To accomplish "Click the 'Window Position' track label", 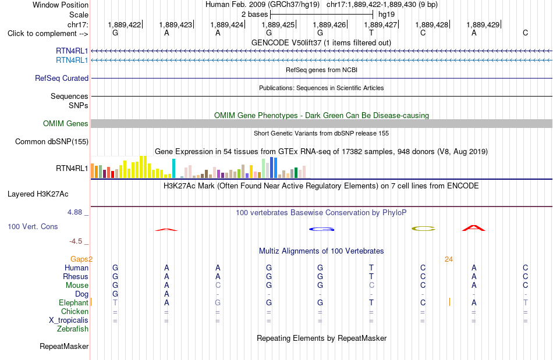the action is click(61, 5).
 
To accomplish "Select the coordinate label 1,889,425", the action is click(278, 24).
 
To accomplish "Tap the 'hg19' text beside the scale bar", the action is click(386, 15).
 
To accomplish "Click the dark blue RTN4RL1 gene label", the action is click(72, 51).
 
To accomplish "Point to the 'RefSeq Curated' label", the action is click(62, 78).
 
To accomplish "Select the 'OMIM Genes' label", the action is click(66, 124).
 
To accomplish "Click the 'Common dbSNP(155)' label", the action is click(52, 141).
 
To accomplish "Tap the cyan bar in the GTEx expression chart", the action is click(173, 169).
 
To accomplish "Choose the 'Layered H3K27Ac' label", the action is click(38, 194).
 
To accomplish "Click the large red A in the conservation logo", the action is click(474, 228).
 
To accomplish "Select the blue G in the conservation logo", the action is click(322, 229).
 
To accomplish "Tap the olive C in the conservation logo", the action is click(423, 229).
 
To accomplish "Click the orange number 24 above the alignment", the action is click(449, 259).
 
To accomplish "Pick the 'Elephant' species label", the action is click(73, 303).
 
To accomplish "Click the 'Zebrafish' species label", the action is click(73, 329).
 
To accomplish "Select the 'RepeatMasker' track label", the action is click(64, 346).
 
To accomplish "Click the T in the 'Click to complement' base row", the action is click(371, 33).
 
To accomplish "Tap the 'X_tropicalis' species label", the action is click(69, 320).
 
